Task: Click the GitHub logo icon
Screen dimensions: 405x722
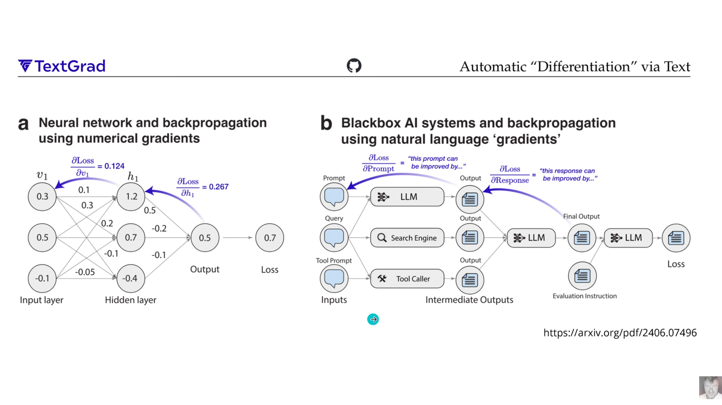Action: point(354,65)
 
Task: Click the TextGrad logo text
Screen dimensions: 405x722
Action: point(62,66)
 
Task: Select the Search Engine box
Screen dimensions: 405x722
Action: point(407,238)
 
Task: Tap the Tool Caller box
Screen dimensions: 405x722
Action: point(407,278)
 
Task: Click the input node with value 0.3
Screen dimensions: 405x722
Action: point(42,196)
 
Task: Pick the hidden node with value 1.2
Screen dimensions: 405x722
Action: point(131,196)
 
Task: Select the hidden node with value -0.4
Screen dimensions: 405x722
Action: point(130,278)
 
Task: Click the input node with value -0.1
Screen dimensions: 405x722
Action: point(42,278)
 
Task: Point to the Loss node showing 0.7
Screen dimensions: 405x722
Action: point(270,238)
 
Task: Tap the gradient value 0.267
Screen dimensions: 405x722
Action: point(218,187)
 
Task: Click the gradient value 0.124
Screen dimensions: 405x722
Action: point(114,166)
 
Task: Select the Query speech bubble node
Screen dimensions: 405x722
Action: point(334,238)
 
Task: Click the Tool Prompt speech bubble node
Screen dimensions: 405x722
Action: point(334,278)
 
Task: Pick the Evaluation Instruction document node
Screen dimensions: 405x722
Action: point(582,276)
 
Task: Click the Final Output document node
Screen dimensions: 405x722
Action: point(582,238)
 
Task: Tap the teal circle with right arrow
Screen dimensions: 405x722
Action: point(373,319)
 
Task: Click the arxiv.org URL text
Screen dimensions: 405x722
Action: point(620,332)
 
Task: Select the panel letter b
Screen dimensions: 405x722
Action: point(326,123)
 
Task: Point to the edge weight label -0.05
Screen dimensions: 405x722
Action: point(85,272)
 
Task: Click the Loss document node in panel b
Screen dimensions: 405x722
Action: point(676,238)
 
